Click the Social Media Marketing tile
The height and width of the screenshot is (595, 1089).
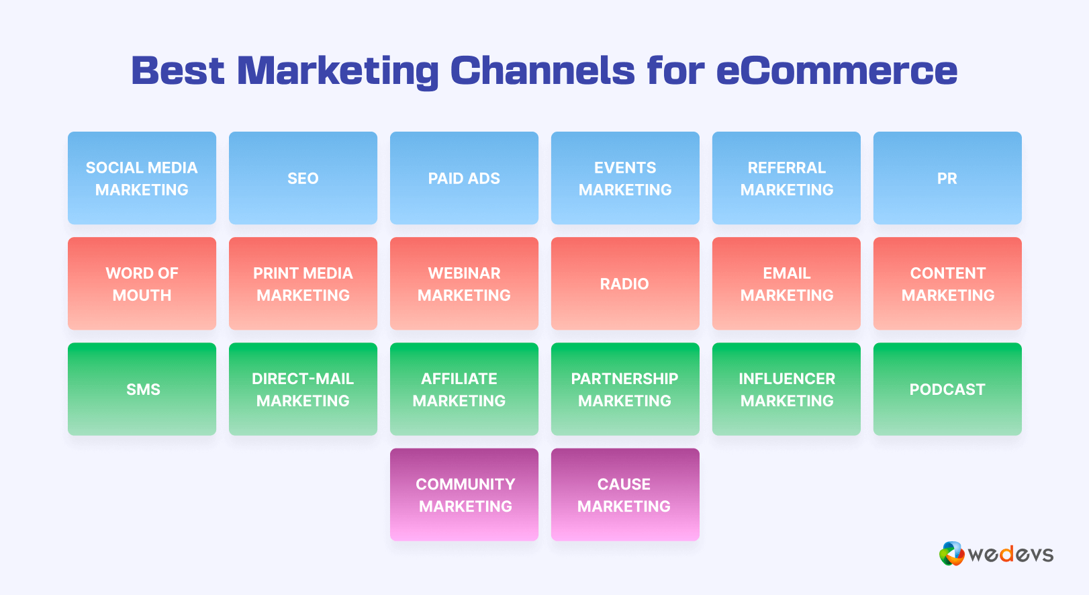click(x=142, y=178)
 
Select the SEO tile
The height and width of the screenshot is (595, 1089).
click(x=303, y=178)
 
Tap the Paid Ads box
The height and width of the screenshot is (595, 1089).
click(x=464, y=178)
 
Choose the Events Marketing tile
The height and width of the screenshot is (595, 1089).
click(x=625, y=178)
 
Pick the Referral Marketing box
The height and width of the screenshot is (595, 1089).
click(x=786, y=178)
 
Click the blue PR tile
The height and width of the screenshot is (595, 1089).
click(x=947, y=178)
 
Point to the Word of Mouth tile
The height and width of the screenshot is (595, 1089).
click(x=142, y=283)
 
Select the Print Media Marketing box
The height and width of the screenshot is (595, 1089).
click(x=303, y=283)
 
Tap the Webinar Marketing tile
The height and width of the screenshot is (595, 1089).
click(x=464, y=283)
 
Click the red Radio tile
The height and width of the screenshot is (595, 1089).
click(x=625, y=283)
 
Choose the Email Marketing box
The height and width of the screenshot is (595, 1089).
click(x=786, y=283)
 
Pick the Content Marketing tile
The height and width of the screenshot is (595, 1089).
click(x=947, y=283)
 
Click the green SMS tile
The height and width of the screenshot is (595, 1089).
click(x=142, y=389)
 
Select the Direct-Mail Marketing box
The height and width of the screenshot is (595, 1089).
click(x=303, y=389)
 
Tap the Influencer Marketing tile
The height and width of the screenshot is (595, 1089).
click(x=786, y=389)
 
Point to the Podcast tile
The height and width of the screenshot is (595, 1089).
click(x=947, y=389)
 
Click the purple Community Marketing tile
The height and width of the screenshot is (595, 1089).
click(x=464, y=494)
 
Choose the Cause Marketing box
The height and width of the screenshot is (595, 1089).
click(x=625, y=494)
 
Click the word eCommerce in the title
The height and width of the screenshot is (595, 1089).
click(x=837, y=71)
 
